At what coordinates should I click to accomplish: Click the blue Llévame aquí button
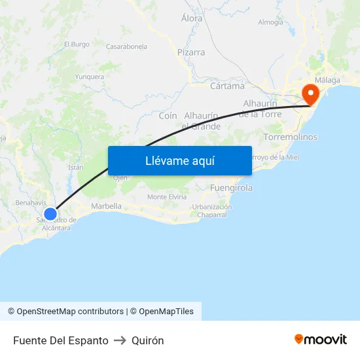[x=179, y=160]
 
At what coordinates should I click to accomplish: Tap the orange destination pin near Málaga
[x=308, y=94]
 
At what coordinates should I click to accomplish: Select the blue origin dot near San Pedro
[x=50, y=213]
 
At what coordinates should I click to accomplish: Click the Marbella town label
[x=106, y=206]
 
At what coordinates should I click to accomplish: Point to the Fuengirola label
[x=232, y=188]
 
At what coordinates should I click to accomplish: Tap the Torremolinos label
[x=290, y=137]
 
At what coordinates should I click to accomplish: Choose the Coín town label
[x=168, y=116]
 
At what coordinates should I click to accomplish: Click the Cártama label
[x=227, y=86]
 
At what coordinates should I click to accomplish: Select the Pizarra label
[x=191, y=52]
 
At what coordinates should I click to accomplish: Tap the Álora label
[x=192, y=19]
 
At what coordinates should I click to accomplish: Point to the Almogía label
[x=271, y=22]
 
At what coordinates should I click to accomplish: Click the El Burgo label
[x=77, y=45]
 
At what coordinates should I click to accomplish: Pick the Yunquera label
[x=90, y=77]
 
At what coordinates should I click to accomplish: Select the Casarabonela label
[x=126, y=46]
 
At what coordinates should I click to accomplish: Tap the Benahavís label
[x=30, y=203]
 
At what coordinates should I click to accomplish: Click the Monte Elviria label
[x=167, y=197]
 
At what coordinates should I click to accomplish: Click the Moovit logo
[x=321, y=339]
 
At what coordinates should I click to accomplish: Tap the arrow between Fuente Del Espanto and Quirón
[x=120, y=340]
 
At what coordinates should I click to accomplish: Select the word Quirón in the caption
[x=147, y=340]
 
